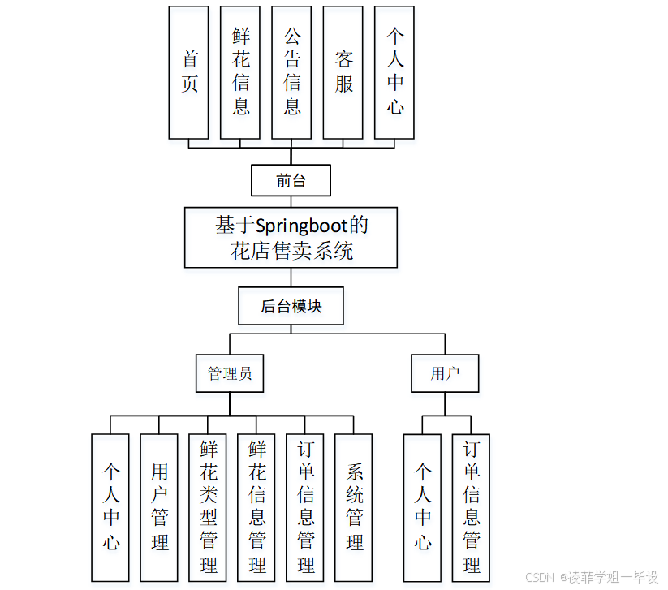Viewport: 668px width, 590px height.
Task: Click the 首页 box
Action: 189,72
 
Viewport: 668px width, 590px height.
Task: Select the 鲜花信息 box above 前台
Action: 240,72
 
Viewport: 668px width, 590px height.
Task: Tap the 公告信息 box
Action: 291,72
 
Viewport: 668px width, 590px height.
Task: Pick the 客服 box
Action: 343,72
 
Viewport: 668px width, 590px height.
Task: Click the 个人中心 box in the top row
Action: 394,72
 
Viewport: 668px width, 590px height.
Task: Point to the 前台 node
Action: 291,181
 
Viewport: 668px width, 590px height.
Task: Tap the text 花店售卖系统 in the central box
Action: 291,250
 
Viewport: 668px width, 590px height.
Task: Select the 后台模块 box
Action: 291,308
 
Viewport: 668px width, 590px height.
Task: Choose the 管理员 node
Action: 230,373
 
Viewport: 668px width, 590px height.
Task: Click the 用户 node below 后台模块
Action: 444,373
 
